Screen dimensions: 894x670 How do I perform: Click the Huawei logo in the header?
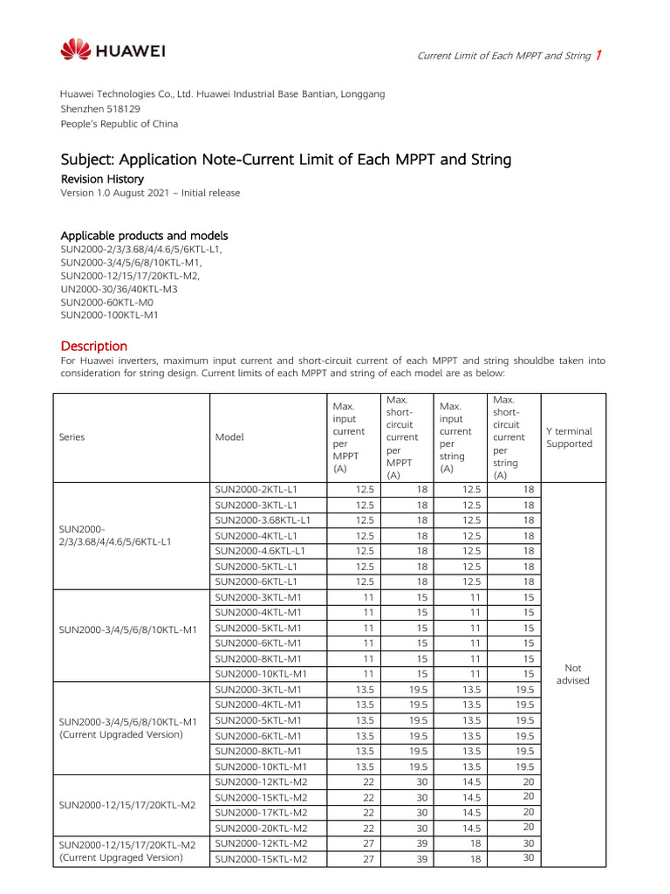(x=113, y=49)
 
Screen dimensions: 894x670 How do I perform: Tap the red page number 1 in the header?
(x=598, y=56)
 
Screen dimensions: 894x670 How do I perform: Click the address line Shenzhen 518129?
(x=100, y=109)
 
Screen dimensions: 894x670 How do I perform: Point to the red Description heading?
(x=93, y=346)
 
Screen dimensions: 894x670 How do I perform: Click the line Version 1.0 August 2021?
(x=149, y=193)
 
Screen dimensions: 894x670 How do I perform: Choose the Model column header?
(x=229, y=437)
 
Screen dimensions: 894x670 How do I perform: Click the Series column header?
(x=72, y=437)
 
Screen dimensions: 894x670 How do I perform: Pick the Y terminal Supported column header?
(x=569, y=437)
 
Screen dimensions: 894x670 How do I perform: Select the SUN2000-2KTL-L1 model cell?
(x=256, y=490)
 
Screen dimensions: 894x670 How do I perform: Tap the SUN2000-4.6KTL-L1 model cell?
(x=260, y=551)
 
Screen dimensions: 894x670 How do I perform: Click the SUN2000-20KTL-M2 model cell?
(x=260, y=828)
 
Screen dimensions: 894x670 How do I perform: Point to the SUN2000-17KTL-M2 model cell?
(x=260, y=812)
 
